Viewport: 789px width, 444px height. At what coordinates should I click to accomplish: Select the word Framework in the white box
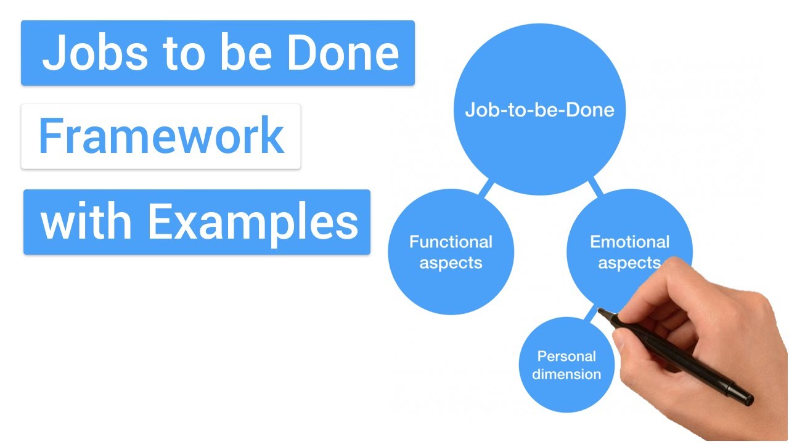[x=161, y=136]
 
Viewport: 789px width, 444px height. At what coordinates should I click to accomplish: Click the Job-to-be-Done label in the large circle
[x=539, y=110]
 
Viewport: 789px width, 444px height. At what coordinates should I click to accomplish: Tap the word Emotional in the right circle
[x=629, y=241]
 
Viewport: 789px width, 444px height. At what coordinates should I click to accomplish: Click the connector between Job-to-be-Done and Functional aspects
[x=486, y=187]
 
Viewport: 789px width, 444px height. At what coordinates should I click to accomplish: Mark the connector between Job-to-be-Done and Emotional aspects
[x=595, y=186]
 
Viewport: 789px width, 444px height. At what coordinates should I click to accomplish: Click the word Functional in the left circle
[x=451, y=241]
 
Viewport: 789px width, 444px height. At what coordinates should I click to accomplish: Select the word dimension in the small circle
[x=566, y=374]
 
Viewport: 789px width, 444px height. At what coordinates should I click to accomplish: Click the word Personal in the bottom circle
[x=566, y=356]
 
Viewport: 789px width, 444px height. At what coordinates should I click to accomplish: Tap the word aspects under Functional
[x=451, y=263]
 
